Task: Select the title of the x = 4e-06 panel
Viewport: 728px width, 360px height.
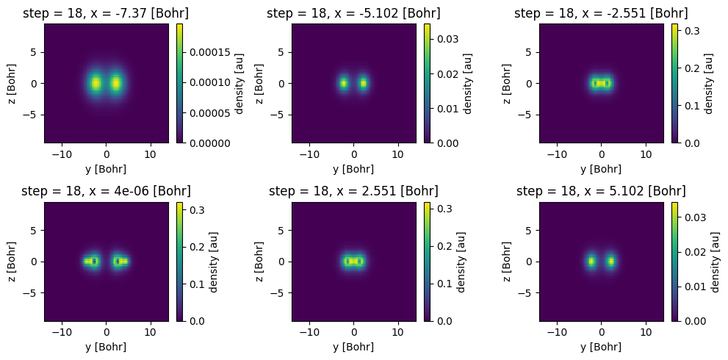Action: (105, 191)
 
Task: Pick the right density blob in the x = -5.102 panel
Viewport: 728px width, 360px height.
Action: (363, 83)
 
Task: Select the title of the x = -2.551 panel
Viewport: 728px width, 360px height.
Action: (601, 13)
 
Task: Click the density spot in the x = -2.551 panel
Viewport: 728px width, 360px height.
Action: (601, 83)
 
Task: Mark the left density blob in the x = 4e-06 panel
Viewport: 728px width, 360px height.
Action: (91, 261)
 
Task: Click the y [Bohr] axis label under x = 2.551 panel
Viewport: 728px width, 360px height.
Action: (353, 348)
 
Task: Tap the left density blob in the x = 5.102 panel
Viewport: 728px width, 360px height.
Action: (591, 261)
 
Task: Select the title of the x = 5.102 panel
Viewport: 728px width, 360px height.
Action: (601, 191)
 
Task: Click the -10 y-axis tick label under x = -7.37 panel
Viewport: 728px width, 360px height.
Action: (62, 155)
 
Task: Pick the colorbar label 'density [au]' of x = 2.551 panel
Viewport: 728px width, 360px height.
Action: (460, 261)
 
